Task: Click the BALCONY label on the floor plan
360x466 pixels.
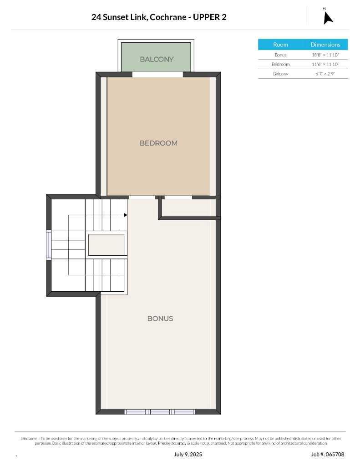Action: (x=157, y=59)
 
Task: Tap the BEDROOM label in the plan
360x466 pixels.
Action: (x=158, y=143)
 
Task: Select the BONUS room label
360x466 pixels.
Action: (x=160, y=319)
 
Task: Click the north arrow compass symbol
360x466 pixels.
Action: (x=328, y=18)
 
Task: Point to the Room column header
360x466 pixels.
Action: (x=281, y=45)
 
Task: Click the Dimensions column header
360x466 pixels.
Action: (x=325, y=45)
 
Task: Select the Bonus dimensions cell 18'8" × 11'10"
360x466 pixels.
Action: (x=325, y=55)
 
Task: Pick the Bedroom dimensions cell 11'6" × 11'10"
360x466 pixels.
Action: (x=325, y=64)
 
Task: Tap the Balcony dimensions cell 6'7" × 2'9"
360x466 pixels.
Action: (x=325, y=74)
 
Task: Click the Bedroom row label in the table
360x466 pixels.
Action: (x=281, y=64)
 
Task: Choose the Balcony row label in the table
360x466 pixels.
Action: (x=281, y=74)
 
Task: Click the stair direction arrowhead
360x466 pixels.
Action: (x=126, y=215)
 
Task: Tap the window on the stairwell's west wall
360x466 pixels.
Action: (x=48, y=245)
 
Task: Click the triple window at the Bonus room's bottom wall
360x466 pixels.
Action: (x=160, y=411)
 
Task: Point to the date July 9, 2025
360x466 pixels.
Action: (x=188, y=454)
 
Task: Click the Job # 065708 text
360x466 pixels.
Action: (x=328, y=454)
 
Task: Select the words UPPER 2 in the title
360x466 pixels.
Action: (x=209, y=17)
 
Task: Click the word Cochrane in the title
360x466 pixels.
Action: (x=168, y=17)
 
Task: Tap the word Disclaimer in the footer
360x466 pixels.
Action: (x=30, y=438)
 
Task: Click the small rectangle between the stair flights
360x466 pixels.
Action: (x=106, y=244)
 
